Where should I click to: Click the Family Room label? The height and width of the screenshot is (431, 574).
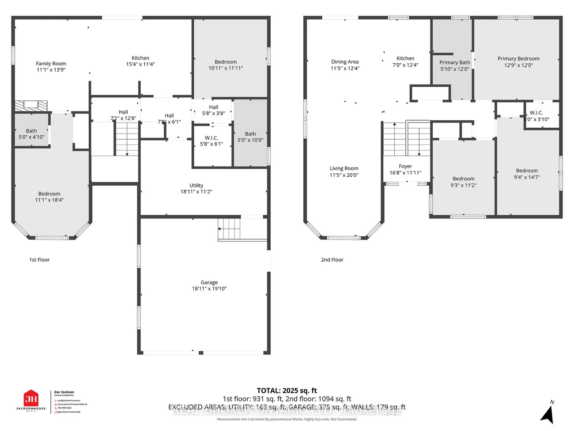51,64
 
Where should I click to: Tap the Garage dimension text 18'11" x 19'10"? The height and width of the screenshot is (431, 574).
209,289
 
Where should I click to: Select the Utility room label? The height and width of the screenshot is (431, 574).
196,186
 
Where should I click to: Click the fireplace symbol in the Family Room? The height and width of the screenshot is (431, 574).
31,106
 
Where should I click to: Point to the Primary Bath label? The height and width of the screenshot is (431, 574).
454,63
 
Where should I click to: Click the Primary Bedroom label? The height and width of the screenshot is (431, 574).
518,59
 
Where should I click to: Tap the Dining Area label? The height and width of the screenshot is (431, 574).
345,62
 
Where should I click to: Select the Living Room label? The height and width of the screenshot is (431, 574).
344,168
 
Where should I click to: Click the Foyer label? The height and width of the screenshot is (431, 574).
405,167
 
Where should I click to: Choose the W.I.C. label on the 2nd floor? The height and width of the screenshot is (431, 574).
536,113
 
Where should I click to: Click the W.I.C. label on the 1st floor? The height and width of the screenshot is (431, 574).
211,138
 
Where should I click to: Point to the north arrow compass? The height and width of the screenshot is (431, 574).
548,413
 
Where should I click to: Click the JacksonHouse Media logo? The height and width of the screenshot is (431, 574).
31,400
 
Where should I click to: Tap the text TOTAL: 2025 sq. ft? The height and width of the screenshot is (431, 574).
287,391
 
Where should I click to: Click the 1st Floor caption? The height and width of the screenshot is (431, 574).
39,260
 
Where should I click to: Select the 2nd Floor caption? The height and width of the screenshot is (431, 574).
332,260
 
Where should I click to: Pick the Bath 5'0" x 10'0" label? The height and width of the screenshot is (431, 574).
250,134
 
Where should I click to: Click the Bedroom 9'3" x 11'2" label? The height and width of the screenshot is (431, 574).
463,179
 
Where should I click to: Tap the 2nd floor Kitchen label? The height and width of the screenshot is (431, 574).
405,58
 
